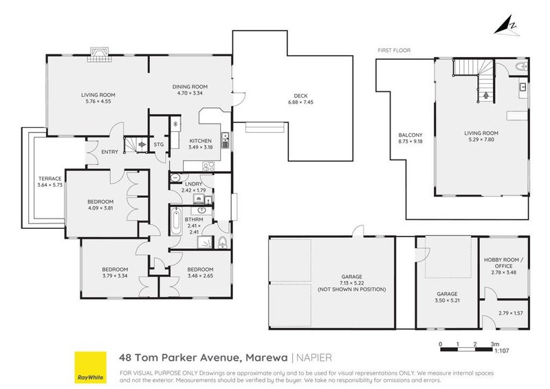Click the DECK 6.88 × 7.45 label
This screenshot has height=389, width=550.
[x=299, y=98]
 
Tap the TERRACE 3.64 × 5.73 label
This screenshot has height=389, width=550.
[x=49, y=181]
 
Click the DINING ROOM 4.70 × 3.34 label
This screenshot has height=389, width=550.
[x=190, y=89]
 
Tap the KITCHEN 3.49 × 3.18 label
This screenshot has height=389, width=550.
[x=201, y=144]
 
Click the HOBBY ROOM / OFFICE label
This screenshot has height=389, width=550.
[x=503, y=261]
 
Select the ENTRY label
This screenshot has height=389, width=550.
[x=109, y=152]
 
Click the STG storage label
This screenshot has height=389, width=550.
[x=159, y=145]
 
